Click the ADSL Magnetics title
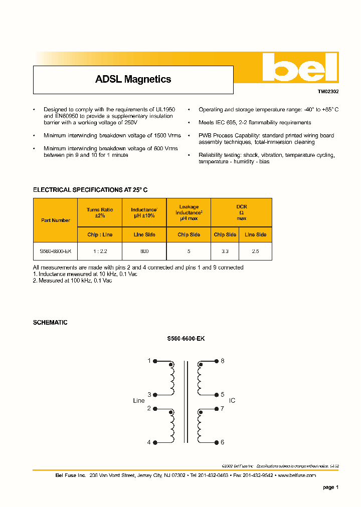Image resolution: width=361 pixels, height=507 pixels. tap(133, 79)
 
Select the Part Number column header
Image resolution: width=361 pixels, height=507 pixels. tap(56, 220)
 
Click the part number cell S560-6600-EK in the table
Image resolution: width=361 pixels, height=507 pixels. tap(56, 251)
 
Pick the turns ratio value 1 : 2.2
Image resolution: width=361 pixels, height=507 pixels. tap(100, 251)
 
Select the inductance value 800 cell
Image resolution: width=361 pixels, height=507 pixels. tap(144, 251)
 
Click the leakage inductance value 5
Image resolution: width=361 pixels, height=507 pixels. tap(189, 251)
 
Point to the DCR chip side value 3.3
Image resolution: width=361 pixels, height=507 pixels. tap(225, 251)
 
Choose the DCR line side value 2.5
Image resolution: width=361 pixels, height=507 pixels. tap(255, 251)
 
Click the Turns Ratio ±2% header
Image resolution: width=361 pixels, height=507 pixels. tap(100, 212)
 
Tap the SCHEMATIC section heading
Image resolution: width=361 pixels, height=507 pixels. tap(50, 323)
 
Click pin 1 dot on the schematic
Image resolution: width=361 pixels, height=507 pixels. tap(155, 361)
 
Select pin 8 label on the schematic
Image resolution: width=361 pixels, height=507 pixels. tap(222, 361)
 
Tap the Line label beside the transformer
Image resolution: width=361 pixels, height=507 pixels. tap(139, 401)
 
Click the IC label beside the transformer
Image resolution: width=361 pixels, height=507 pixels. tap(232, 401)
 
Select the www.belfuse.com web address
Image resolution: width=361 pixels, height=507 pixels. tap(296, 475)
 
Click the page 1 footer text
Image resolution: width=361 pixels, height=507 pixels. tap(330, 487)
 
